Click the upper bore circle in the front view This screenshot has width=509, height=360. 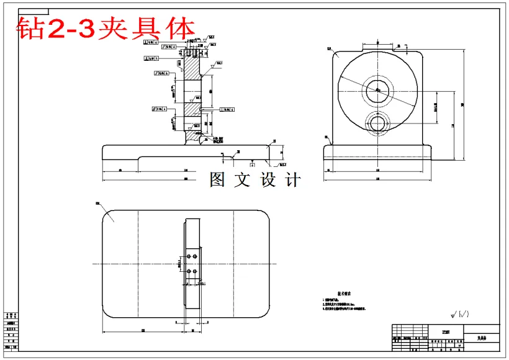(377, 91)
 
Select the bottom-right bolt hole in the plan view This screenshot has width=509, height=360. (195, 271)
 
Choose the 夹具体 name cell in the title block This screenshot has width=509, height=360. (482, 338)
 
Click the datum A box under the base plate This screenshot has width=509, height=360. (252, 165)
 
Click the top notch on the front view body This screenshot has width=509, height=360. (377, 46)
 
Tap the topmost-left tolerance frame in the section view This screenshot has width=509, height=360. (151, 42)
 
